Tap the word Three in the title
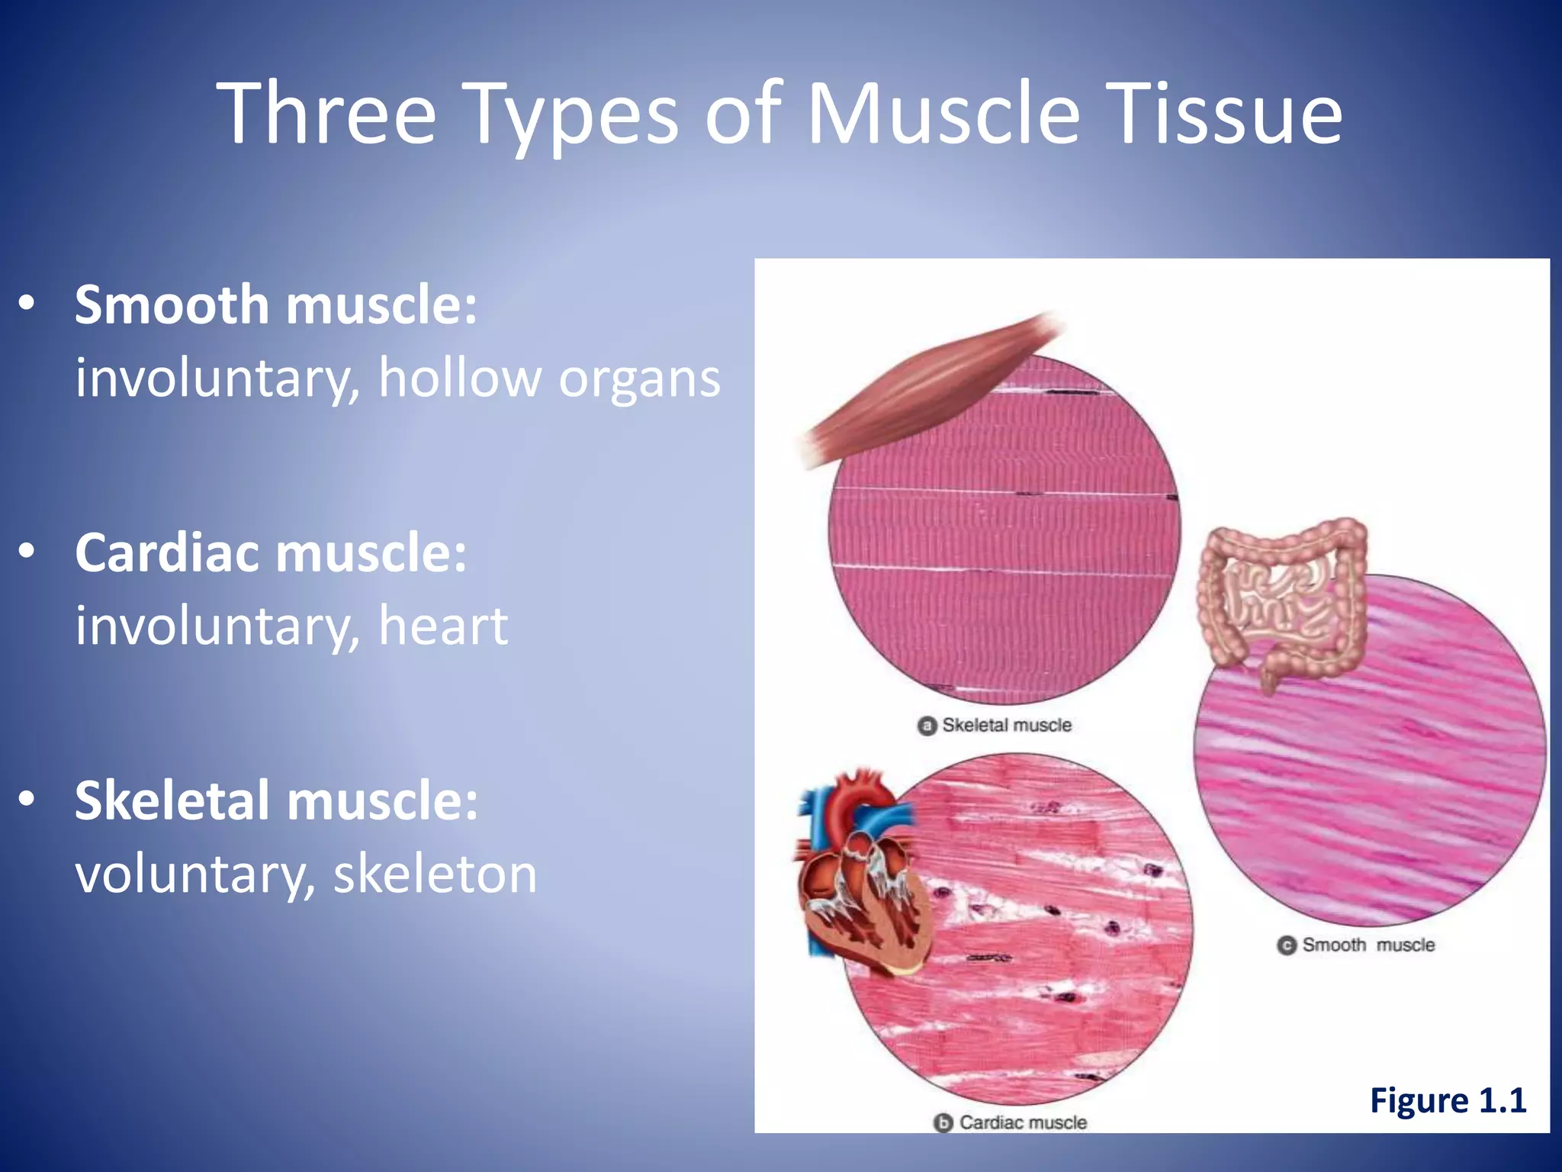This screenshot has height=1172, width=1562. click(326, 114)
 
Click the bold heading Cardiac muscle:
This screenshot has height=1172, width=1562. click(271, 552)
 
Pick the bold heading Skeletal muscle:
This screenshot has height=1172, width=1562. click(276, 800)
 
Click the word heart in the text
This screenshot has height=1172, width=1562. click(443, 626)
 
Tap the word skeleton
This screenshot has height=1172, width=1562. click(435, 874)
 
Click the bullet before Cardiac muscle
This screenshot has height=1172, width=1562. click(27, 552)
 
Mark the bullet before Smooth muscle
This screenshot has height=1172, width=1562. click(27, 304)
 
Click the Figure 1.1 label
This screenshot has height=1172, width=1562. click(1448, 1100)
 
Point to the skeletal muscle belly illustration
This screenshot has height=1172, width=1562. click(930, 389)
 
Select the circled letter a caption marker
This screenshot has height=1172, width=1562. click(927, 726)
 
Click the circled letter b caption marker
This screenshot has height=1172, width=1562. click(943, 1123)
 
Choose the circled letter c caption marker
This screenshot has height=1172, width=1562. click(1287, 945)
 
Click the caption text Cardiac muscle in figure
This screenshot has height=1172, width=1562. click(1023, 1122)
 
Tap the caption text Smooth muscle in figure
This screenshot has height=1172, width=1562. click(1368, 945)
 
